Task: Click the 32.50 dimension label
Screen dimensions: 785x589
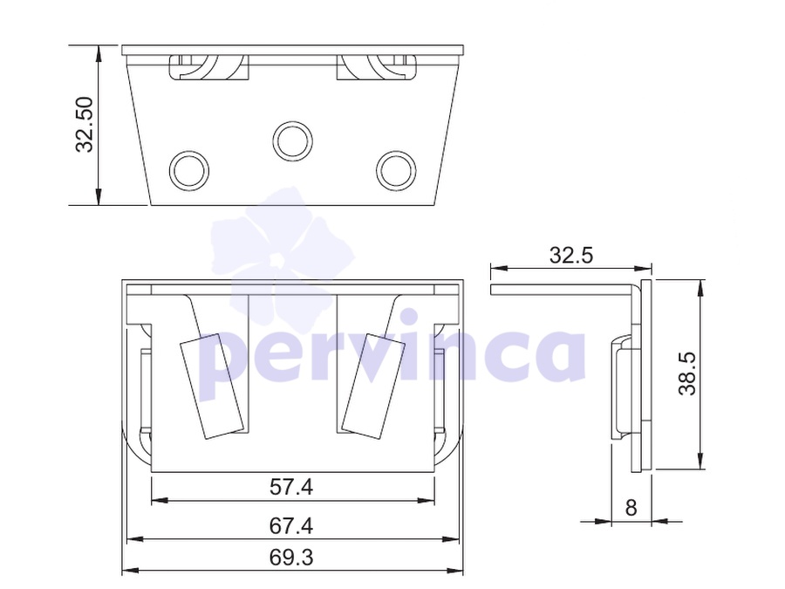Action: pyautogui.click(x=84, y=125)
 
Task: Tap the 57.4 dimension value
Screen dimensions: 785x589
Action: pyautogui.click(x=291, y=487)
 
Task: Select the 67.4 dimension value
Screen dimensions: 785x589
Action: pyautogui.click(x=291, y=526)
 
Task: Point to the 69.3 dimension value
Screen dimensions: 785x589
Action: pyautogui.click(x=291, y=557)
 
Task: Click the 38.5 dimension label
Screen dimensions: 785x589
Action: pyautogui.click(x=687, y=373)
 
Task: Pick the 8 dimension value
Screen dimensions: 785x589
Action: pyautogui.click(x=631, y=508)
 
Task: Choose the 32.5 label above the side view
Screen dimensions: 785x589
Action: pyautogui.click(x=571, y=255)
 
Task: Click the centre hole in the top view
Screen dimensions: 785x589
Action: pyautogui.click(x=292, y=140)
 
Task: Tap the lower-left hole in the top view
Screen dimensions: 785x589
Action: pyautogui.click(x=188, y=170)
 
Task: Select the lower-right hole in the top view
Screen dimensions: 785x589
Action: pyautogui.click(x=396, y=170)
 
